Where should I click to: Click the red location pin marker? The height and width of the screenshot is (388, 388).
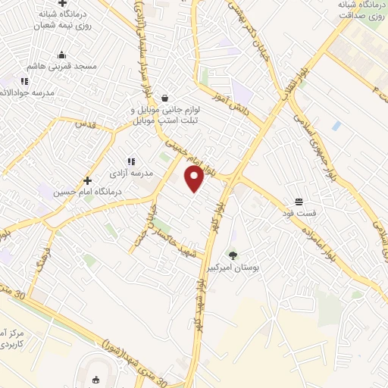[195, 179]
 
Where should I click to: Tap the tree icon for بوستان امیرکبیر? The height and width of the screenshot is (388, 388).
[233, 255]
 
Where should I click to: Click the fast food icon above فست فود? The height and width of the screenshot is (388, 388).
[299, 202]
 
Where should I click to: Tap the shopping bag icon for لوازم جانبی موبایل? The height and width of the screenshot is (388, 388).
[164, 98]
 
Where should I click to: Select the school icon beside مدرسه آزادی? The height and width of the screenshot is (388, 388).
[131, 161]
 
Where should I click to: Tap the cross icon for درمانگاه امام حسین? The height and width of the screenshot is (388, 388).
[88, 180]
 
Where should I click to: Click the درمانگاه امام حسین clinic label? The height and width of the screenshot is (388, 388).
[88, 192]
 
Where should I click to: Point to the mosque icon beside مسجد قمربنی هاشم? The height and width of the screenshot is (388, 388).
[62, 55]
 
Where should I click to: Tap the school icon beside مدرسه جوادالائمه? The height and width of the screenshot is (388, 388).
[24, 81]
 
